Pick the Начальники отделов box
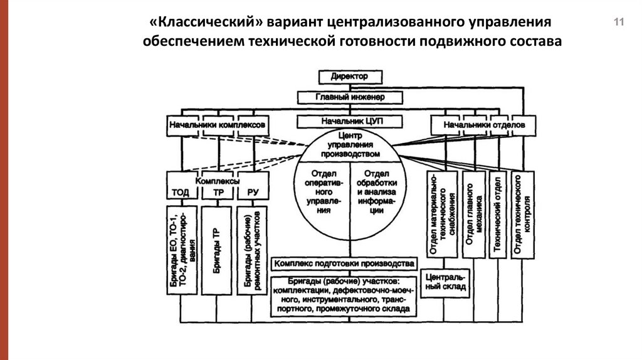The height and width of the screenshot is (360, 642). (x=481, y=125)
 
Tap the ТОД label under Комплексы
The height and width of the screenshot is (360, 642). (x=181, y=193)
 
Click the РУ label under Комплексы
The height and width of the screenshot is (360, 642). (x=253, y=193)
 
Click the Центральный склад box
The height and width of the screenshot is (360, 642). (x=445, y=282)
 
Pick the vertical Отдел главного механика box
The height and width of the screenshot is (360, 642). (x=475, y=214)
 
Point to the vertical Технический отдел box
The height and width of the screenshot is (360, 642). (x=498, y=214)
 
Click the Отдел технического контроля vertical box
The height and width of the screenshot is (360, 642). (x=522, y=214)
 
